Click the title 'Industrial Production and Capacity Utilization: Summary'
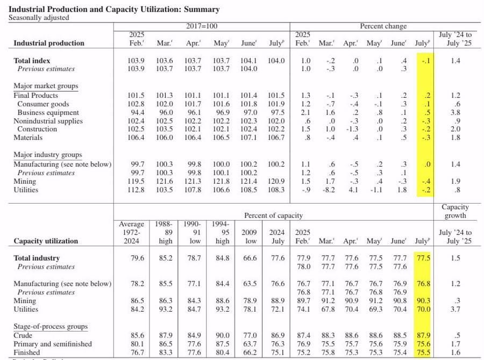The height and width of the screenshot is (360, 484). coord(115,10)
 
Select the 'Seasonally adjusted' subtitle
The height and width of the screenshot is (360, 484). coord(39,17)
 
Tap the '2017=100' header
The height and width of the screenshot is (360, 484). coord(202,26)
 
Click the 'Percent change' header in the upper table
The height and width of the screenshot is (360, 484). coord(383,26)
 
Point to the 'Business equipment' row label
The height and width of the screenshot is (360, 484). coord(48,113)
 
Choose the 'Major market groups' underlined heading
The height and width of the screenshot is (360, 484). coord(46,86)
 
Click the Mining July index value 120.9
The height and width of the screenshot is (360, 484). coord(276,182)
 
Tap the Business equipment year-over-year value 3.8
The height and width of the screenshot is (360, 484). coord(455,113)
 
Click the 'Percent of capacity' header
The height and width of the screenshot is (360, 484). coord(273,215)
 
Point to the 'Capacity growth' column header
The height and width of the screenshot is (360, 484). coord(455,212)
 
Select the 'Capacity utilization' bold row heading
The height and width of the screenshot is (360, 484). coord(46,241)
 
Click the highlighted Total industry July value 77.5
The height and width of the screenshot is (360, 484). coord(423,258)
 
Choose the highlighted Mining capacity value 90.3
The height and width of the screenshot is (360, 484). coord(423,301)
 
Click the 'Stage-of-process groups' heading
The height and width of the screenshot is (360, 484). coord(50,326)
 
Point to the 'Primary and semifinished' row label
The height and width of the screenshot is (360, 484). coord(53,344)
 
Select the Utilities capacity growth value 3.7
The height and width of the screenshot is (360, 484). coord(455,309)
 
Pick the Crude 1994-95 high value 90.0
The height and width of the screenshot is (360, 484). coord(223,335)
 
